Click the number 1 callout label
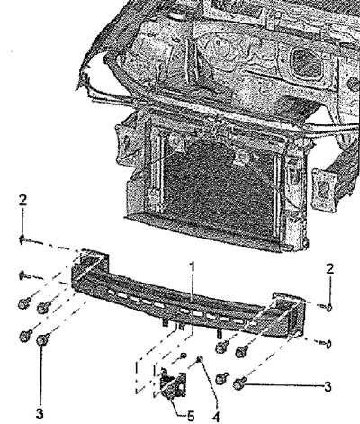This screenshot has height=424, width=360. point(193,266)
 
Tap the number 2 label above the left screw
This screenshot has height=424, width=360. point(22,201)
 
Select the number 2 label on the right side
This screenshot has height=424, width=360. point(330,269)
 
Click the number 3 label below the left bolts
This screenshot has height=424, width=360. point(40,414)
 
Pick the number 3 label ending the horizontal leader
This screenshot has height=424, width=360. point(328,386)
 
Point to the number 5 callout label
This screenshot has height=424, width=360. point(191,417)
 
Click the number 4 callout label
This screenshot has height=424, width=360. point(216,417)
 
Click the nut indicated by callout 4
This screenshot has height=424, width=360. point(199,359)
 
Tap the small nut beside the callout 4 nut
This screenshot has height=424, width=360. point(184,356)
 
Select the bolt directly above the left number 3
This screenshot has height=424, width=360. point(43,339)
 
